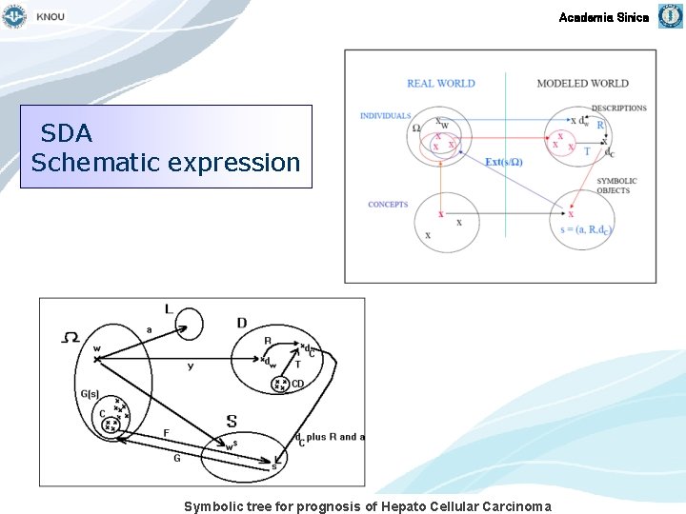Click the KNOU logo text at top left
click(50, 17)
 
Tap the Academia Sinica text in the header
click(603, 17)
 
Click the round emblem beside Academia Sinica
click(671, 16)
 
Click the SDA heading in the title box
click(67, 132)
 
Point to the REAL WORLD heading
click(440, 84)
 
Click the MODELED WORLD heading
click(582, 84)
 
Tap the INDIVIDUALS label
click(385, 116)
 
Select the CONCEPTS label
click(388, 205)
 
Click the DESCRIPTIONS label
click(618, 109)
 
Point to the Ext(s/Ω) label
click(504, 162)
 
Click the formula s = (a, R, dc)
click(586, 229)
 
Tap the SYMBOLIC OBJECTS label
click(616, 186)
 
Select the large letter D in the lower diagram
click(242, 324)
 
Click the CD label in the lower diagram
click(297, 385)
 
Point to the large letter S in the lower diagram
click(232, 422)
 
